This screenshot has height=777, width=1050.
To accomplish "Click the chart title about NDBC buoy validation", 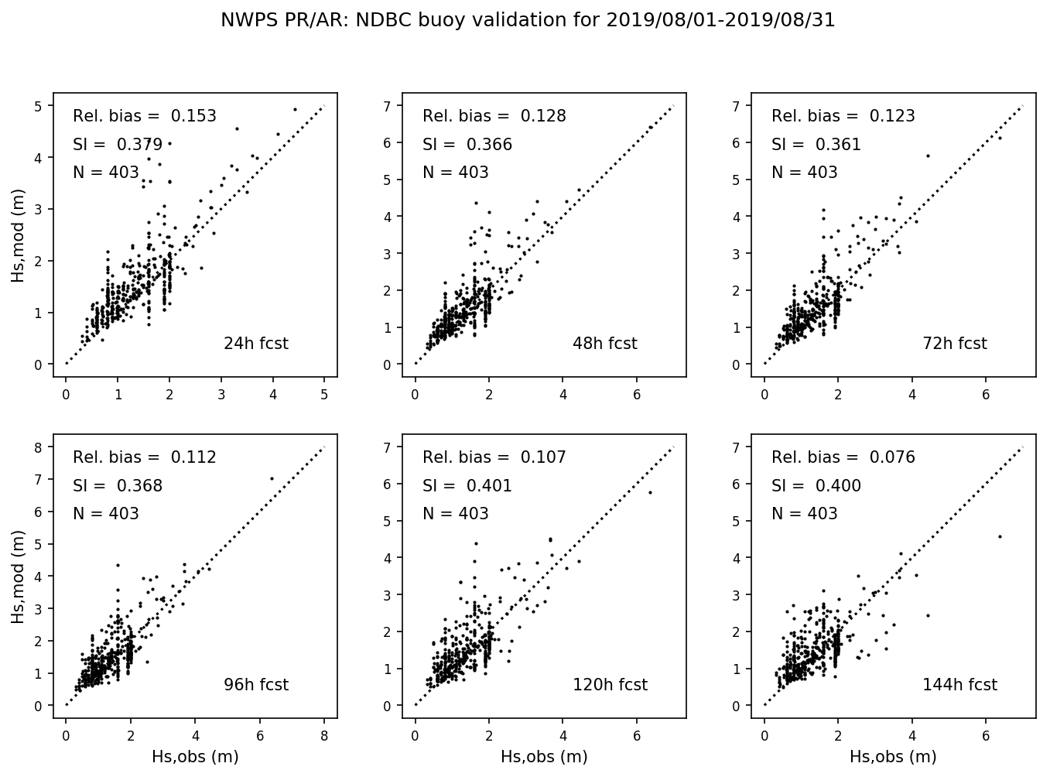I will tap(528, 20).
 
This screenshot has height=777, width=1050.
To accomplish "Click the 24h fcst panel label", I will tap(255, 344).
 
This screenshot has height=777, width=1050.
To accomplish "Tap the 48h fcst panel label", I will tap(604, 344).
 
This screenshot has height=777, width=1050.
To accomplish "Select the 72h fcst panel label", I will tap(954, 344).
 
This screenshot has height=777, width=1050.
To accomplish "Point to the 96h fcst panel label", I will tap(255, 685).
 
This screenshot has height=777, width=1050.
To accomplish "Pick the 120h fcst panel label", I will tap(610, 685).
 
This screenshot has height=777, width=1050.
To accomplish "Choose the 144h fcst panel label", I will tap(959, 685).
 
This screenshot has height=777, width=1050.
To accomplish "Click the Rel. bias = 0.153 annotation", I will tap(145, 116).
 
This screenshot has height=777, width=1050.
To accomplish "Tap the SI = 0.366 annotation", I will tap(467, 145).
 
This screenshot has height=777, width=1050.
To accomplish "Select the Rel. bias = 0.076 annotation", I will tap(843, 457).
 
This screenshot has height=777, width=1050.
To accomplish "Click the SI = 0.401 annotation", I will tap(467, 486).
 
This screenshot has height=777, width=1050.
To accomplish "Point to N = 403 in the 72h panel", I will tap(805, 173).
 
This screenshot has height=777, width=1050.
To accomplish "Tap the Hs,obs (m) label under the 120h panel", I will tap(544, 757).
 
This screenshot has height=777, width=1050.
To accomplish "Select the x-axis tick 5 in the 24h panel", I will tap(324, 395).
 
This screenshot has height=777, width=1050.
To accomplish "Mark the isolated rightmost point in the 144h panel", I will tap(1000, 536).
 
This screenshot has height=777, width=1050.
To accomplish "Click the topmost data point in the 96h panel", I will tap(272, 478).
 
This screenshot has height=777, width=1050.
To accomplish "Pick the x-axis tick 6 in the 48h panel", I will tap(637, 395).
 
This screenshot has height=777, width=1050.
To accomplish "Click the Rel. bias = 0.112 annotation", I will tap(145, 457).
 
